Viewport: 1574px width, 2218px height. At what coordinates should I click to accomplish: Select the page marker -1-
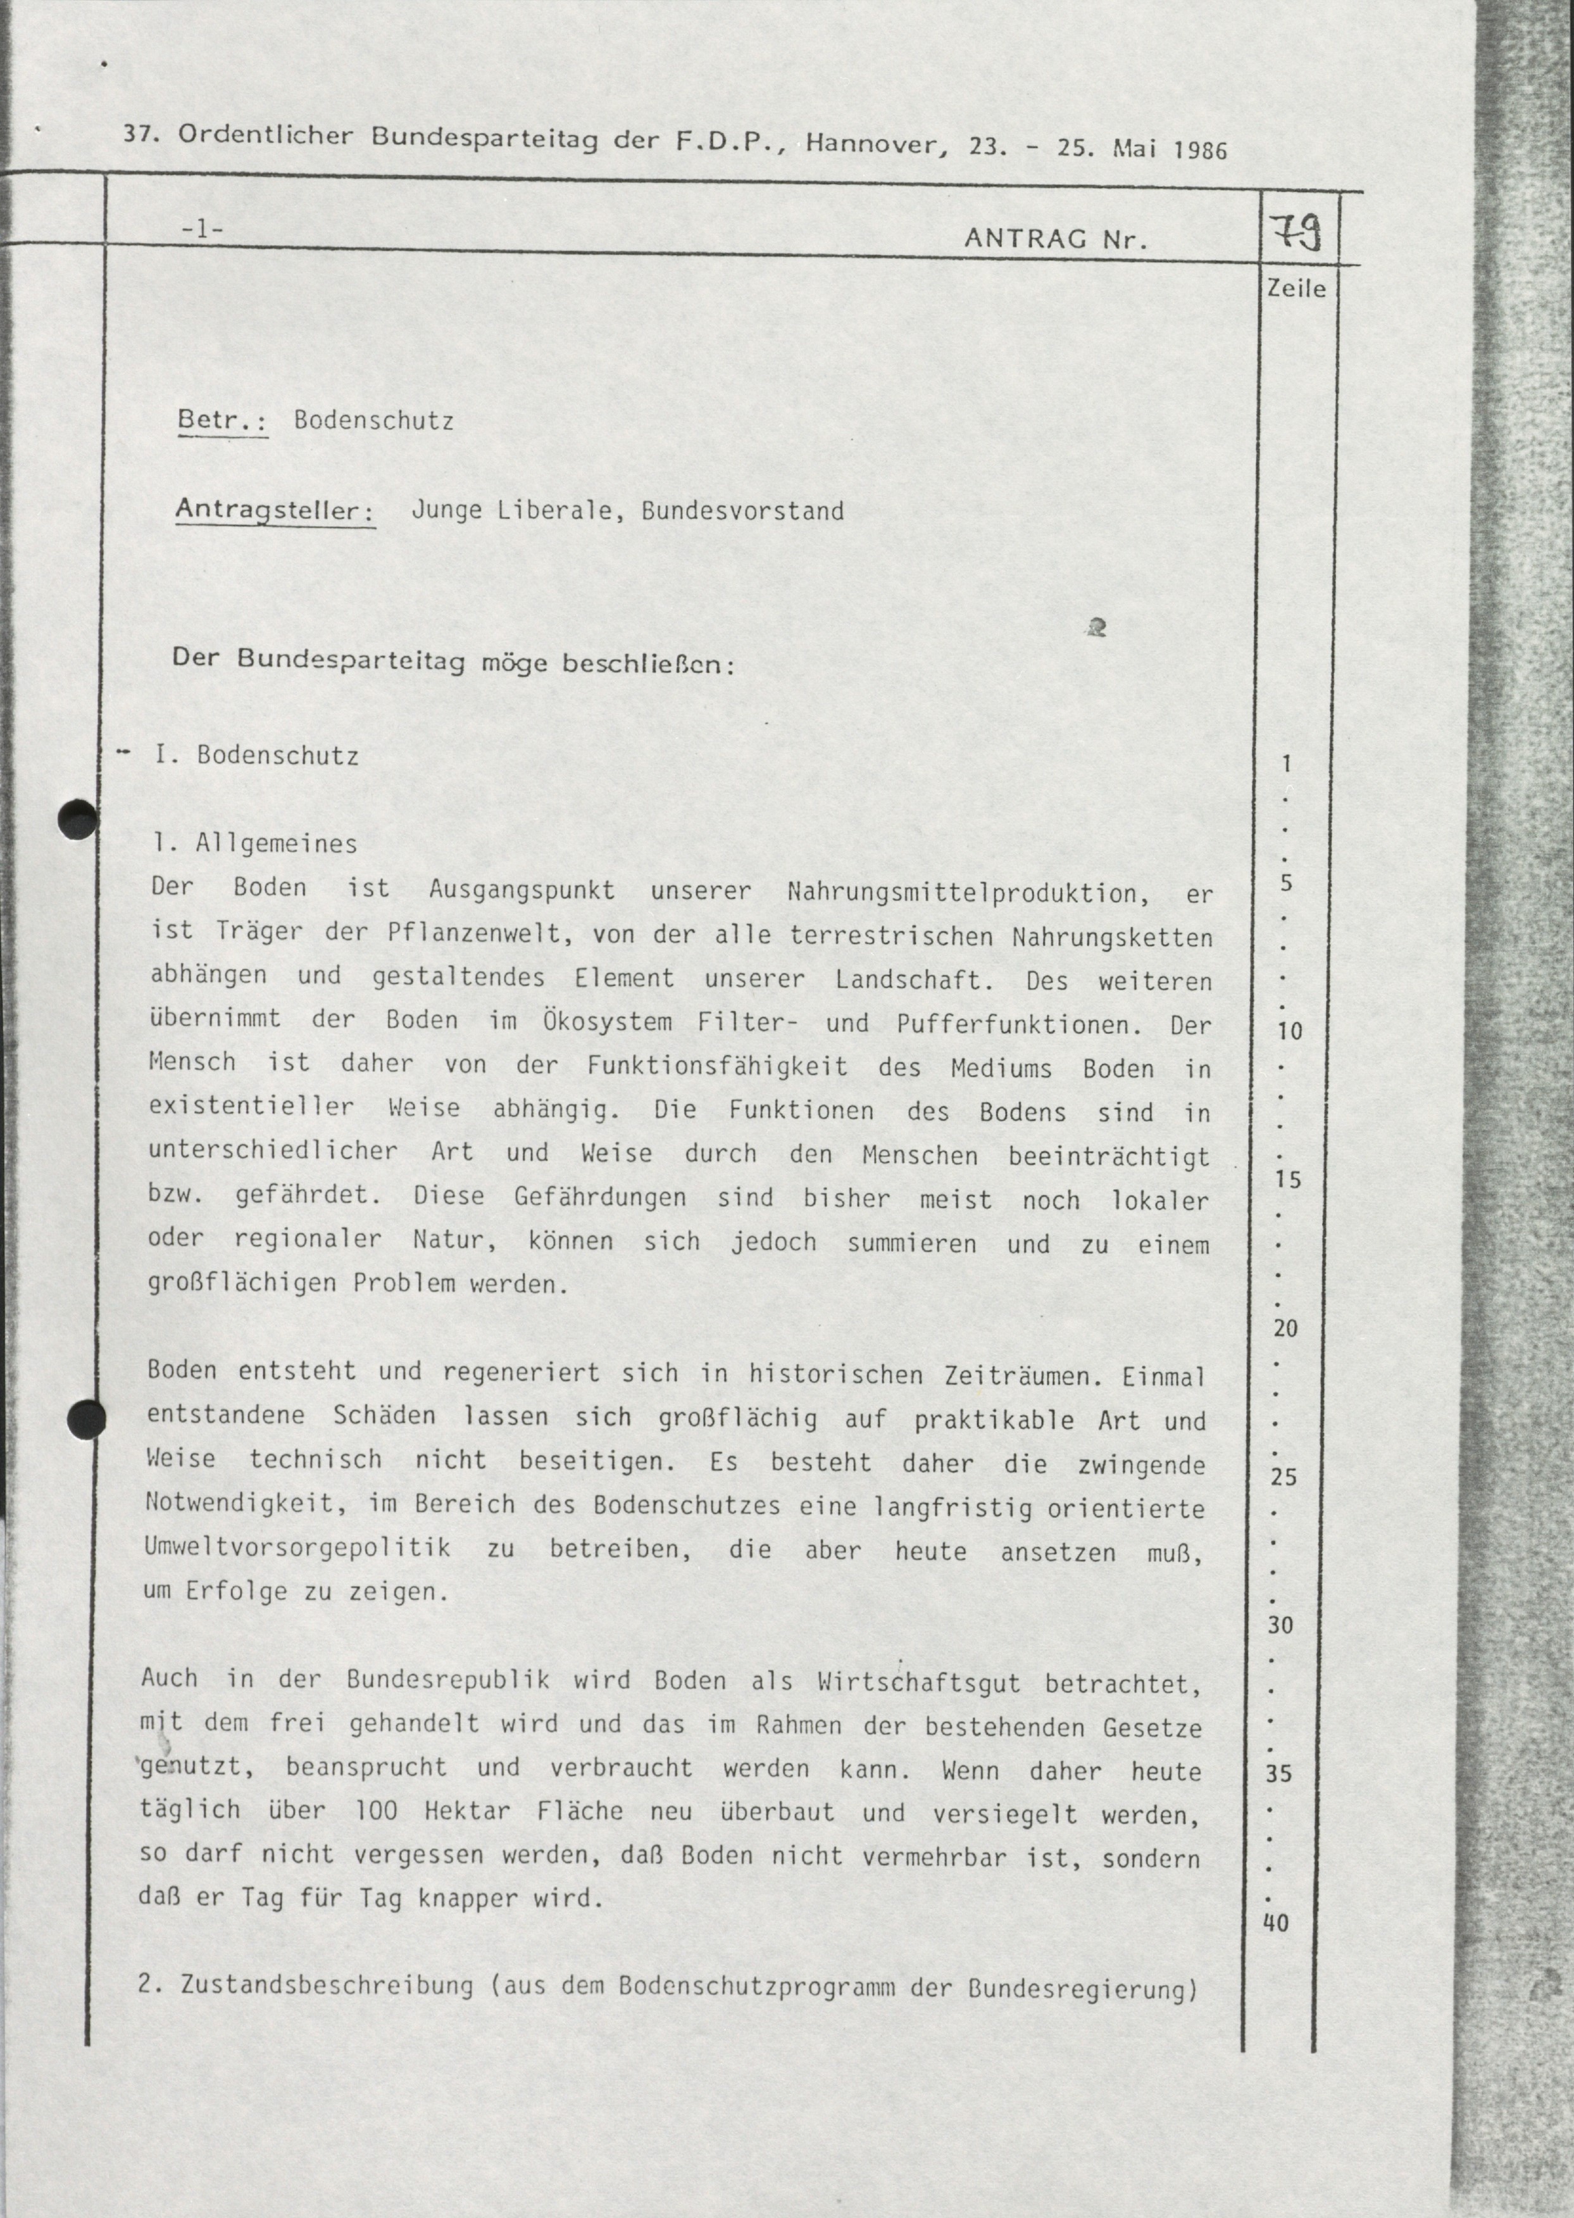pyautogui.click(x=202, y=230)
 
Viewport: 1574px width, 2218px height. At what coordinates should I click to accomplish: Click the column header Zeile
pyautogui.click(x=1296, y=289)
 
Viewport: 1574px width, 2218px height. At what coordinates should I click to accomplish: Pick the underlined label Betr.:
pyautogui.click(x=222, y=420)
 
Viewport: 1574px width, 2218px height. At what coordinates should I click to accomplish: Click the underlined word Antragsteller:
pyautogui.click(x=275, y=509)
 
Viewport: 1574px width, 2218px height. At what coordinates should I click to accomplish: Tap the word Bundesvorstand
pyautogui.click(x=742, y=511)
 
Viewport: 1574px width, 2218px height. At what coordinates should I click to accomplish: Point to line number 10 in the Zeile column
pyautogui.click(x=1289, y=1030)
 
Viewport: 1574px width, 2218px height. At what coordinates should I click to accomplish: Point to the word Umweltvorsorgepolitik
pyautogui.click(x=297, y=1547)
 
